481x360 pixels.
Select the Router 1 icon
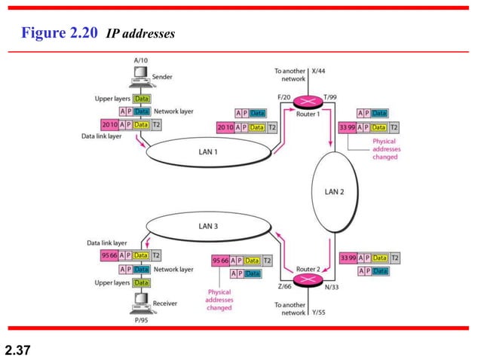307,102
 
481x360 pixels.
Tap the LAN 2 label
334,191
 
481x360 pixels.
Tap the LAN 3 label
209,225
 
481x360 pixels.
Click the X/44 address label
317,71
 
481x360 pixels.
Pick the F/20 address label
284,96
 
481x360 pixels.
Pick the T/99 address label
330,96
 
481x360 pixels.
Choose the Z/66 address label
284,287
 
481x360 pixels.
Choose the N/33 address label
331,287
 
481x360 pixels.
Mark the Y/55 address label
317,312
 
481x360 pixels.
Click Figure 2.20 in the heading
58,35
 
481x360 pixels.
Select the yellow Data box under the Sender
141,99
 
